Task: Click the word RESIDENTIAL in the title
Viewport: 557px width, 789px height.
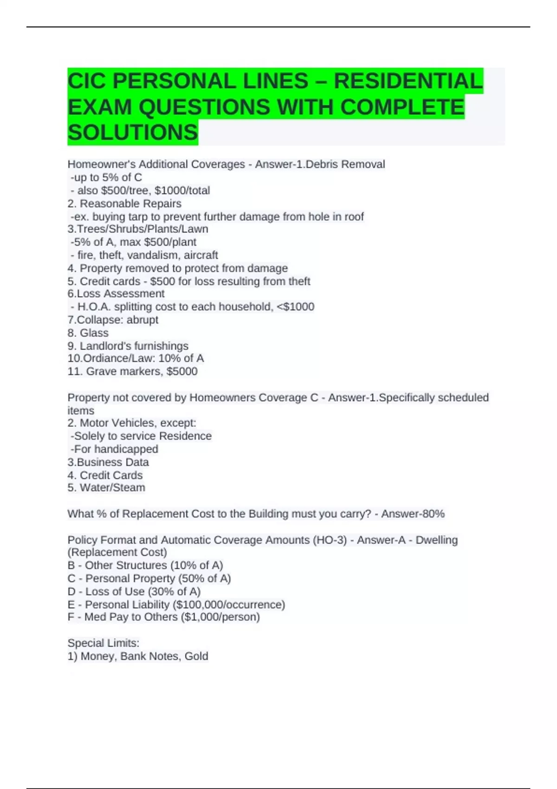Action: pos(408,81)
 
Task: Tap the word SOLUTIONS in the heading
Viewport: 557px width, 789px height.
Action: pos(133,132)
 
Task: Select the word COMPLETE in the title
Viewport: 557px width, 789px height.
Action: pos(402,107)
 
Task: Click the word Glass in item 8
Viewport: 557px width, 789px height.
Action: pos(94,333)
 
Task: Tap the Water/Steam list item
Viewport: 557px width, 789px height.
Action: pos(112,487)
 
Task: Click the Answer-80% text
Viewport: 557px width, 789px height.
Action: pos(413,514)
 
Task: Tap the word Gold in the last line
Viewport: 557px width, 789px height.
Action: pos(196,656)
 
